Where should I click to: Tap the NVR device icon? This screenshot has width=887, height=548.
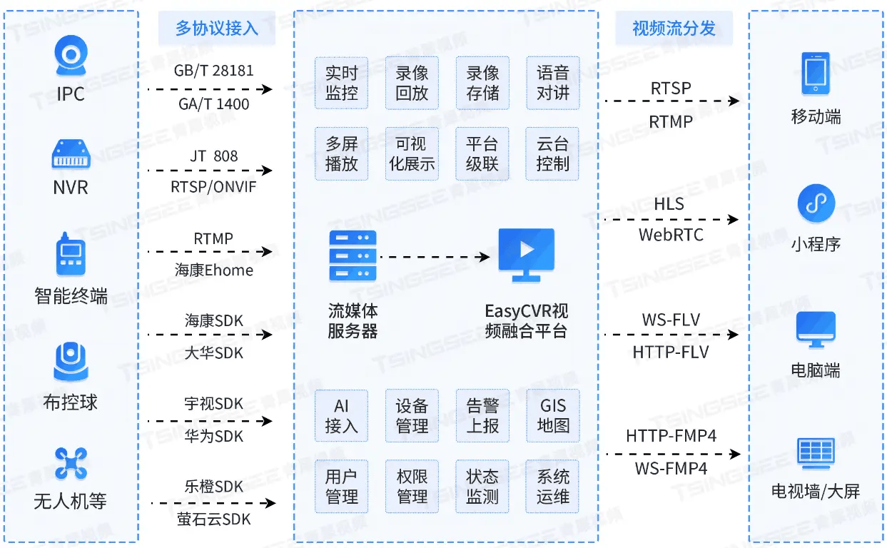[x=71, y=154]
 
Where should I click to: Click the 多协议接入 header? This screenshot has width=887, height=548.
[x=216, y=29]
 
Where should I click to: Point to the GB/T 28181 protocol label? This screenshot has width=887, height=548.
[x=213, y=71]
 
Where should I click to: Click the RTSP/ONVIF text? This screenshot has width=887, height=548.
[x=213, y=187]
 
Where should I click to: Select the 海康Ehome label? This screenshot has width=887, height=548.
[x=213, y=270]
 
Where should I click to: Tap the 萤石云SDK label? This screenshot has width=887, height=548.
[x=213, y=519]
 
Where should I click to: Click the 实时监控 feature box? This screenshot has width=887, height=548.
[x=341, y=83]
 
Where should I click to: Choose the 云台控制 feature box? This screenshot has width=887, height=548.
[x=552, y=153]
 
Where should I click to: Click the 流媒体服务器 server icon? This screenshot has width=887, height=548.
[x=353, y=255]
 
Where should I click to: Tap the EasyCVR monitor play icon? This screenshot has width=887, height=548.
[x=527, y=252]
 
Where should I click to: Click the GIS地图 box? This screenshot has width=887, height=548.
[x=552, y=416]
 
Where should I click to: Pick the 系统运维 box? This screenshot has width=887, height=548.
[x=552, y=487]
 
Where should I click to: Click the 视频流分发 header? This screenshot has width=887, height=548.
[x=674, y=29]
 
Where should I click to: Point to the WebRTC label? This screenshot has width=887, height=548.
[x=671, y=235]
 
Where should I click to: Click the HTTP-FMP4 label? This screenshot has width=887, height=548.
[x=671, y=435]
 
